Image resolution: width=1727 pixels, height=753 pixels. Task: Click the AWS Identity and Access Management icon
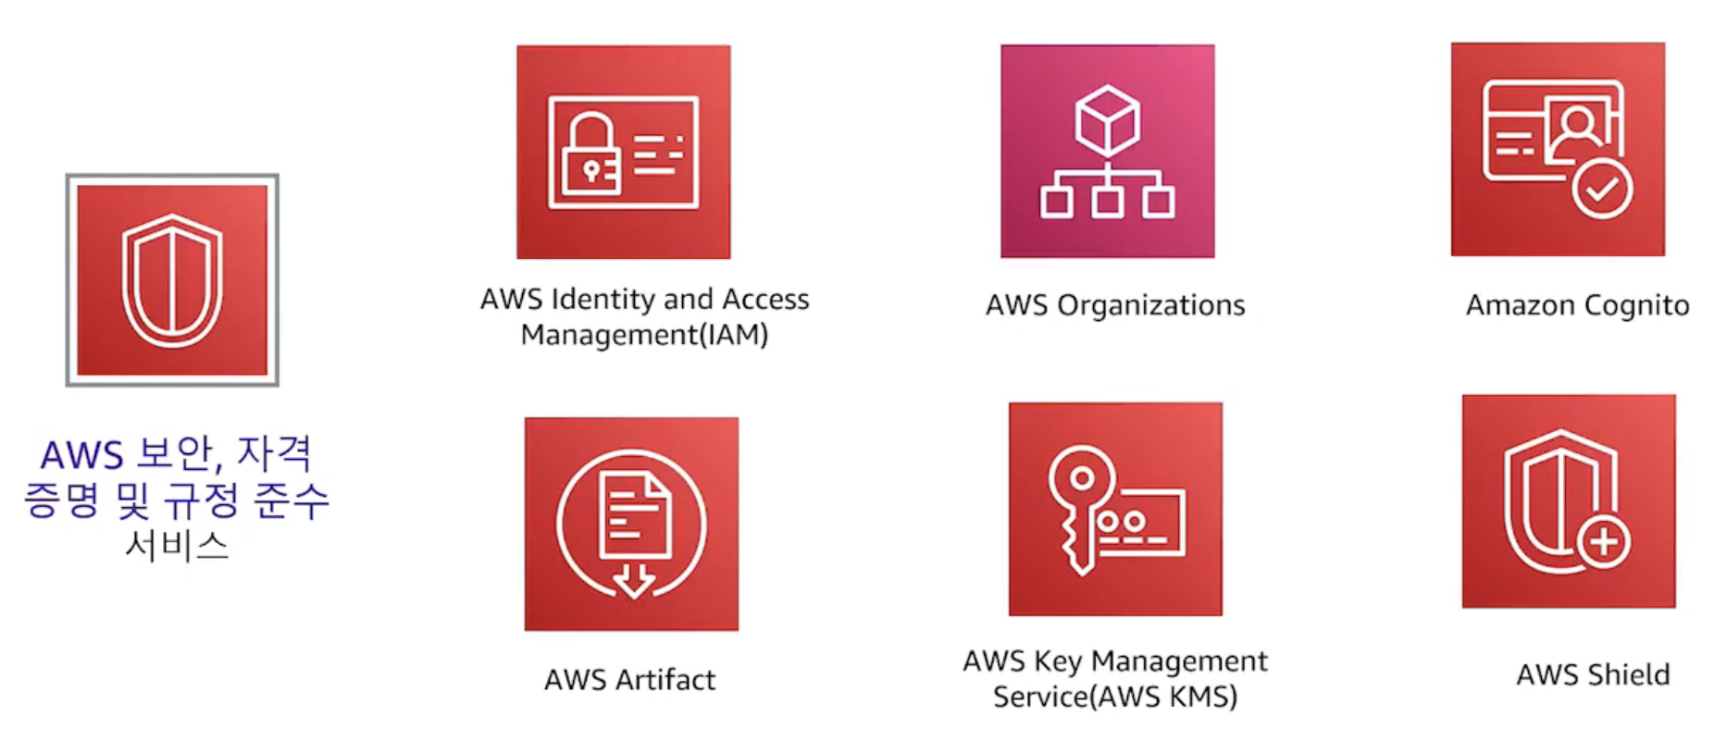pos(623,152)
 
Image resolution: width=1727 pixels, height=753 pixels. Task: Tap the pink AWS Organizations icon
pos(1107,151)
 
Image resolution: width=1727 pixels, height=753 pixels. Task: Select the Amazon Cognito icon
pos(1558,149)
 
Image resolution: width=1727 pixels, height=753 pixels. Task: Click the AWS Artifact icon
pos(631,524)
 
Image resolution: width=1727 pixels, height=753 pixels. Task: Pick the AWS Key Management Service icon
pos(1115,509)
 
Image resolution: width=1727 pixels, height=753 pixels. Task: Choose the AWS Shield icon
pos(1569,501)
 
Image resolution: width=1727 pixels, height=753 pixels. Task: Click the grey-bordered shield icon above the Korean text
pos(172,280)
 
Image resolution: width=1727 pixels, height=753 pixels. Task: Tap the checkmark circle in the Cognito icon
pos(1602,189)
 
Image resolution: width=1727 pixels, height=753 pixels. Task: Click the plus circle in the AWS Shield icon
pos(1604,541)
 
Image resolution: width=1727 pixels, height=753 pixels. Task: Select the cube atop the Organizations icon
pos(1107,121)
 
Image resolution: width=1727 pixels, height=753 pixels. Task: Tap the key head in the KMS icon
pos(1081,478)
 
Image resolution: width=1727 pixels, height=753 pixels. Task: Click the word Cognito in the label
pos(1636,305)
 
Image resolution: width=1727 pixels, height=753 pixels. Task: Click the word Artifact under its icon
pos(665,680)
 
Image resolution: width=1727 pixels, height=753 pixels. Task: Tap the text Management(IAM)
pos(644,334)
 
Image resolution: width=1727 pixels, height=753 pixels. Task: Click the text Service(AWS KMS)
pos(1115,696)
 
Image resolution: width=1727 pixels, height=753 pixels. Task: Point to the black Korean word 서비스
pos(177,545)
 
